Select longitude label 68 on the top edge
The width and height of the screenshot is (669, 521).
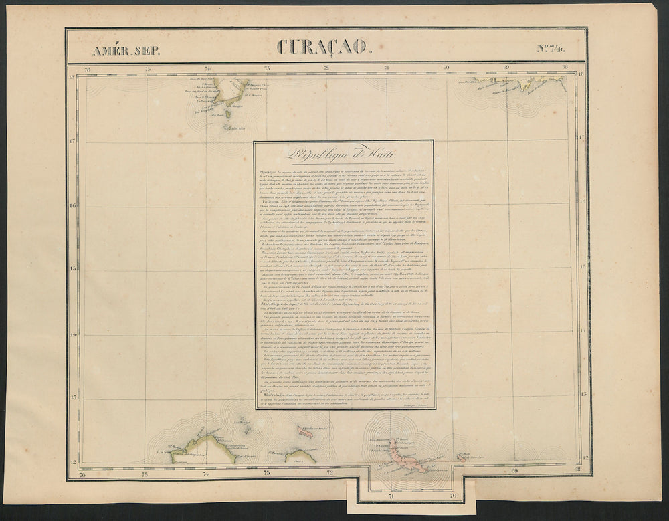(566, 67)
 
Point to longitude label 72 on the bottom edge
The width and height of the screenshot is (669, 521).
(328, 473)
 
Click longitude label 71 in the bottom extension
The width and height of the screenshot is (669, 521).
(391, 497)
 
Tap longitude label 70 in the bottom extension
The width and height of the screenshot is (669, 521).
(452, 497)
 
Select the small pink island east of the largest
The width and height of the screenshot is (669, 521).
(462, 458)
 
